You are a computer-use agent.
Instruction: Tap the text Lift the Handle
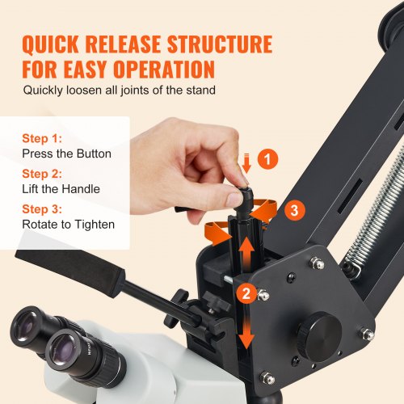(x=61, y=189)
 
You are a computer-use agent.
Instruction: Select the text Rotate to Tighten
(x=69, y=224)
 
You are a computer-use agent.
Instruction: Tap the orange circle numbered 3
(x=296, y=211)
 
